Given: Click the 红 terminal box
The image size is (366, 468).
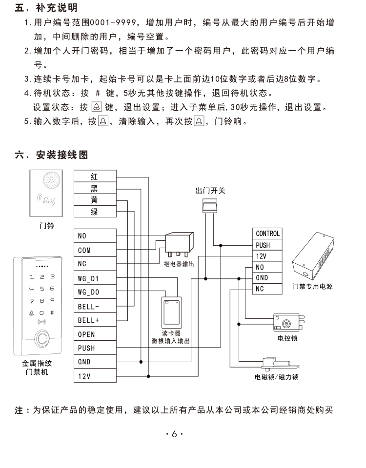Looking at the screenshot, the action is click(95, 176).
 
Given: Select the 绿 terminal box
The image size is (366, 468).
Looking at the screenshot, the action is click(95, 211).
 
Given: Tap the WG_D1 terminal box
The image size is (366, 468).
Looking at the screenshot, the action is click(95, 278).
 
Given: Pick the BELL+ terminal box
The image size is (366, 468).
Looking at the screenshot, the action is click(95, 320).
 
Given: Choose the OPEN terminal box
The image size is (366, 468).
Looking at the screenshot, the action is click(95, 333).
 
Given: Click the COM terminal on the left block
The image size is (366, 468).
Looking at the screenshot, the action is click(95, 250).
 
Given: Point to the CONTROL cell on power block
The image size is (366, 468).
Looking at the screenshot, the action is click(267, 234).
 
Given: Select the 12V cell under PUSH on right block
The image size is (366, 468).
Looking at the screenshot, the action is click(267, 256).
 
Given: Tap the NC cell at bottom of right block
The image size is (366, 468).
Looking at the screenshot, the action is click(267, 289).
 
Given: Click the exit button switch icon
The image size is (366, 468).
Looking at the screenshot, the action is click(210, 206).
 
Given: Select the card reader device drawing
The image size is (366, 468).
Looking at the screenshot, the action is click(172, 312).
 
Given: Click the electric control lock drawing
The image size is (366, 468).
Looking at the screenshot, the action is click(288, 322).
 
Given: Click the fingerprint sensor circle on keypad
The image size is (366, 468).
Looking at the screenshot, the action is click(42, 338).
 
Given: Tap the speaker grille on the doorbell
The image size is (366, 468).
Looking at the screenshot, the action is click(51, 180).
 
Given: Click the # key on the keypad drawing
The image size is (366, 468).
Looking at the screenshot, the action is click(52, 312).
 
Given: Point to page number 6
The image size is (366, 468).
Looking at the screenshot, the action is click(175, 434).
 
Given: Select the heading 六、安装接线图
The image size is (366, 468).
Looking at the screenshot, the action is click(51, 155).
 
